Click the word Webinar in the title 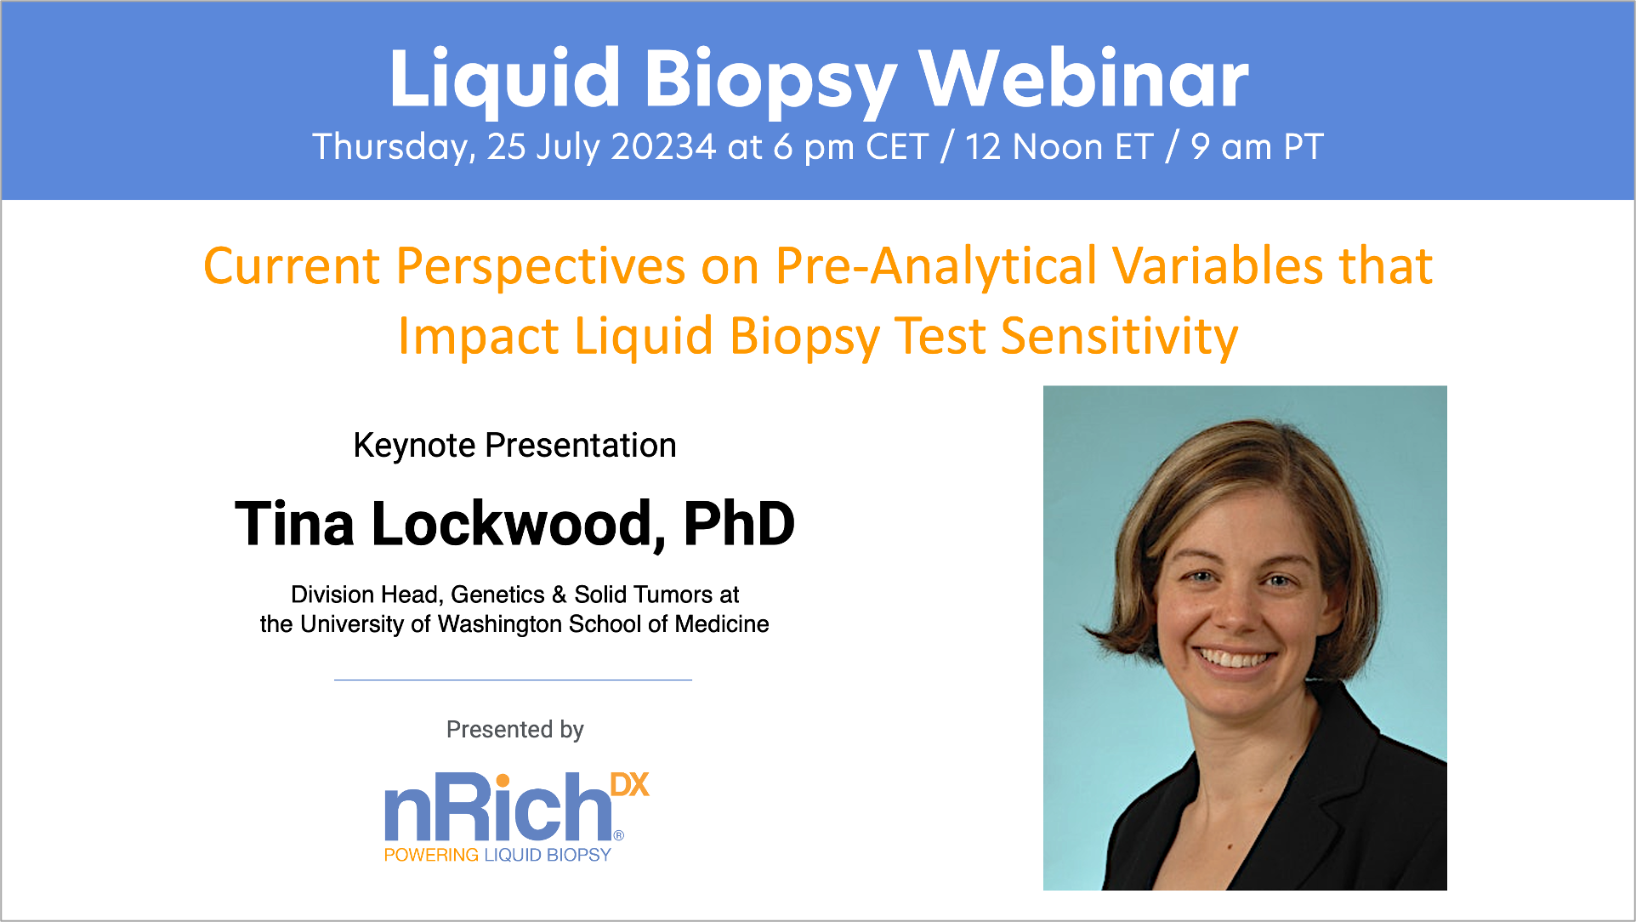pos(1083,79)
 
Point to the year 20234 pos(663,147)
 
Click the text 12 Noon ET pos(1059,147)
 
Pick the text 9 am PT pos(1257,147)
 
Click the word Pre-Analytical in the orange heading pos(936,266)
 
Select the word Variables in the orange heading pos(1218,266)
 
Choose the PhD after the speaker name pos(739,524)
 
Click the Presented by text pos(514,730)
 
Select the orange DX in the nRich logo pos(629,785)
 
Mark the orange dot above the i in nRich pos(503,781)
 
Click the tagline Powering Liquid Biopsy pos(497,855)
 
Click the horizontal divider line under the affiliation pos(513,680)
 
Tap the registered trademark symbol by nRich pos(618,835)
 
